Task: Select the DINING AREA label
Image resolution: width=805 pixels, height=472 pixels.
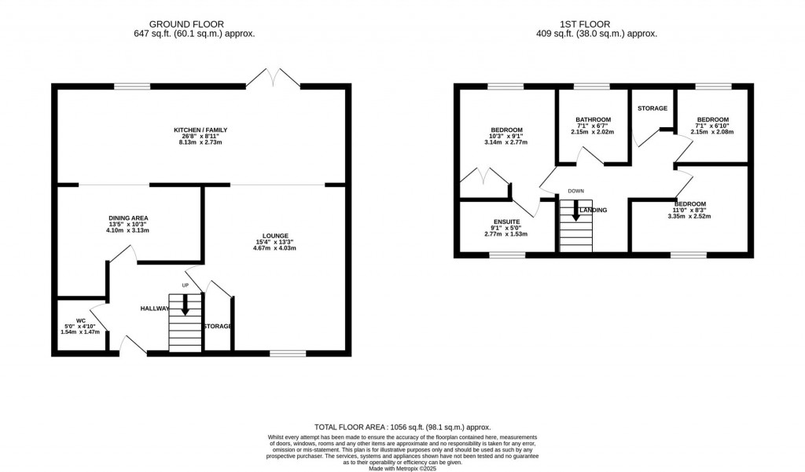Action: click(x=129, y=218)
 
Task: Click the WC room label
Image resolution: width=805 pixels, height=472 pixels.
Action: click(x=80, y=320)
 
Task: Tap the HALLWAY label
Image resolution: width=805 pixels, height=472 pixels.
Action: click(x=155, y=309)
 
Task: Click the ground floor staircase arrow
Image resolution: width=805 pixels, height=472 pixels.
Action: click(x=186, y=304)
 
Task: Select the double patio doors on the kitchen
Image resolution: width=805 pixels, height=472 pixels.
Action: click(x=273, y=78)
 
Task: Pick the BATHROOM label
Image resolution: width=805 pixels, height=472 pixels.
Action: click(x=593, y=119)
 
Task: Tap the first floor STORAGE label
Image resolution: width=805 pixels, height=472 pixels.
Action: click(x=652, y=108)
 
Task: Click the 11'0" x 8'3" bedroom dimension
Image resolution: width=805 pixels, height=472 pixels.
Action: click(x=689, y=210)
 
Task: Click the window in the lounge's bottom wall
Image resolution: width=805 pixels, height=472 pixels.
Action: click(x=288, y=353)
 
